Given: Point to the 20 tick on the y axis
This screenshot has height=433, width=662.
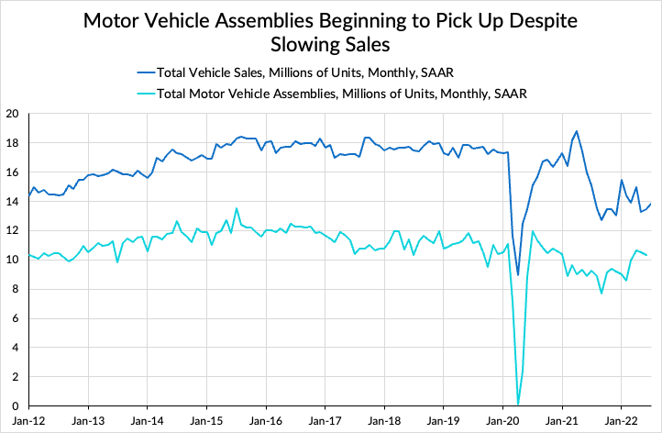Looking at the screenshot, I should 12,114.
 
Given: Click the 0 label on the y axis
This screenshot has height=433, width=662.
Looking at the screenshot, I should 16,406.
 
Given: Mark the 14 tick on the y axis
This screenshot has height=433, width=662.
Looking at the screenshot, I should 12,202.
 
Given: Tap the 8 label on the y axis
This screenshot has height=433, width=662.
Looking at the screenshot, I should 16,290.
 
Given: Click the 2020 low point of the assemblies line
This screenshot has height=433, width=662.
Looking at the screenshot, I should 518,404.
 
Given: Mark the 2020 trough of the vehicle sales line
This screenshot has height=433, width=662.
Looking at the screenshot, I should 518,275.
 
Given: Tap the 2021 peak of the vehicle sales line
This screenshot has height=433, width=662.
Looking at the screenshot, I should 577,131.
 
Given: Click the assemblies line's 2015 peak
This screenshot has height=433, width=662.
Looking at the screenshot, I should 236,208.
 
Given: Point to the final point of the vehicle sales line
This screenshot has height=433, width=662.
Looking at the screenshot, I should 651,204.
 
